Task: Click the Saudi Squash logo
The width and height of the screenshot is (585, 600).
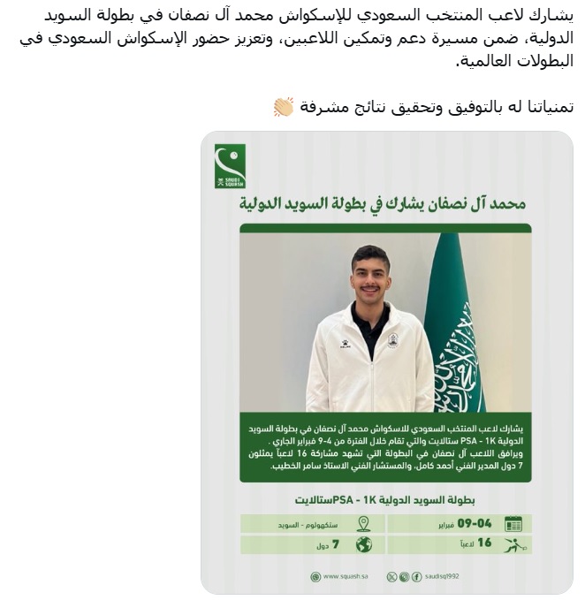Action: point(230,166)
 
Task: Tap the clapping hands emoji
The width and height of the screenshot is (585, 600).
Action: point(283,107)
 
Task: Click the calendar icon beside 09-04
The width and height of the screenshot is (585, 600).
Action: point(513,523)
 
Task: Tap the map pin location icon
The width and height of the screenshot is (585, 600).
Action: point(363,523)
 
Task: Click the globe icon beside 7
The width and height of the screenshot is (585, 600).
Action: point(363,544)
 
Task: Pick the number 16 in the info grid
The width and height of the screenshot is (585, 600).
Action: point(484,544)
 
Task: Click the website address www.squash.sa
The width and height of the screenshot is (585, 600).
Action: point(340,577)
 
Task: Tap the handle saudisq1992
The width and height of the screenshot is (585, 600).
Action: point(442,577)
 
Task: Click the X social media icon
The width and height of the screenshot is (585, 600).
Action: point(392,577)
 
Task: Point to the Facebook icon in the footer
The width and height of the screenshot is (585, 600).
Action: point(416,577)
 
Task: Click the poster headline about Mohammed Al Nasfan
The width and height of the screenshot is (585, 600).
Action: point(384,204)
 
